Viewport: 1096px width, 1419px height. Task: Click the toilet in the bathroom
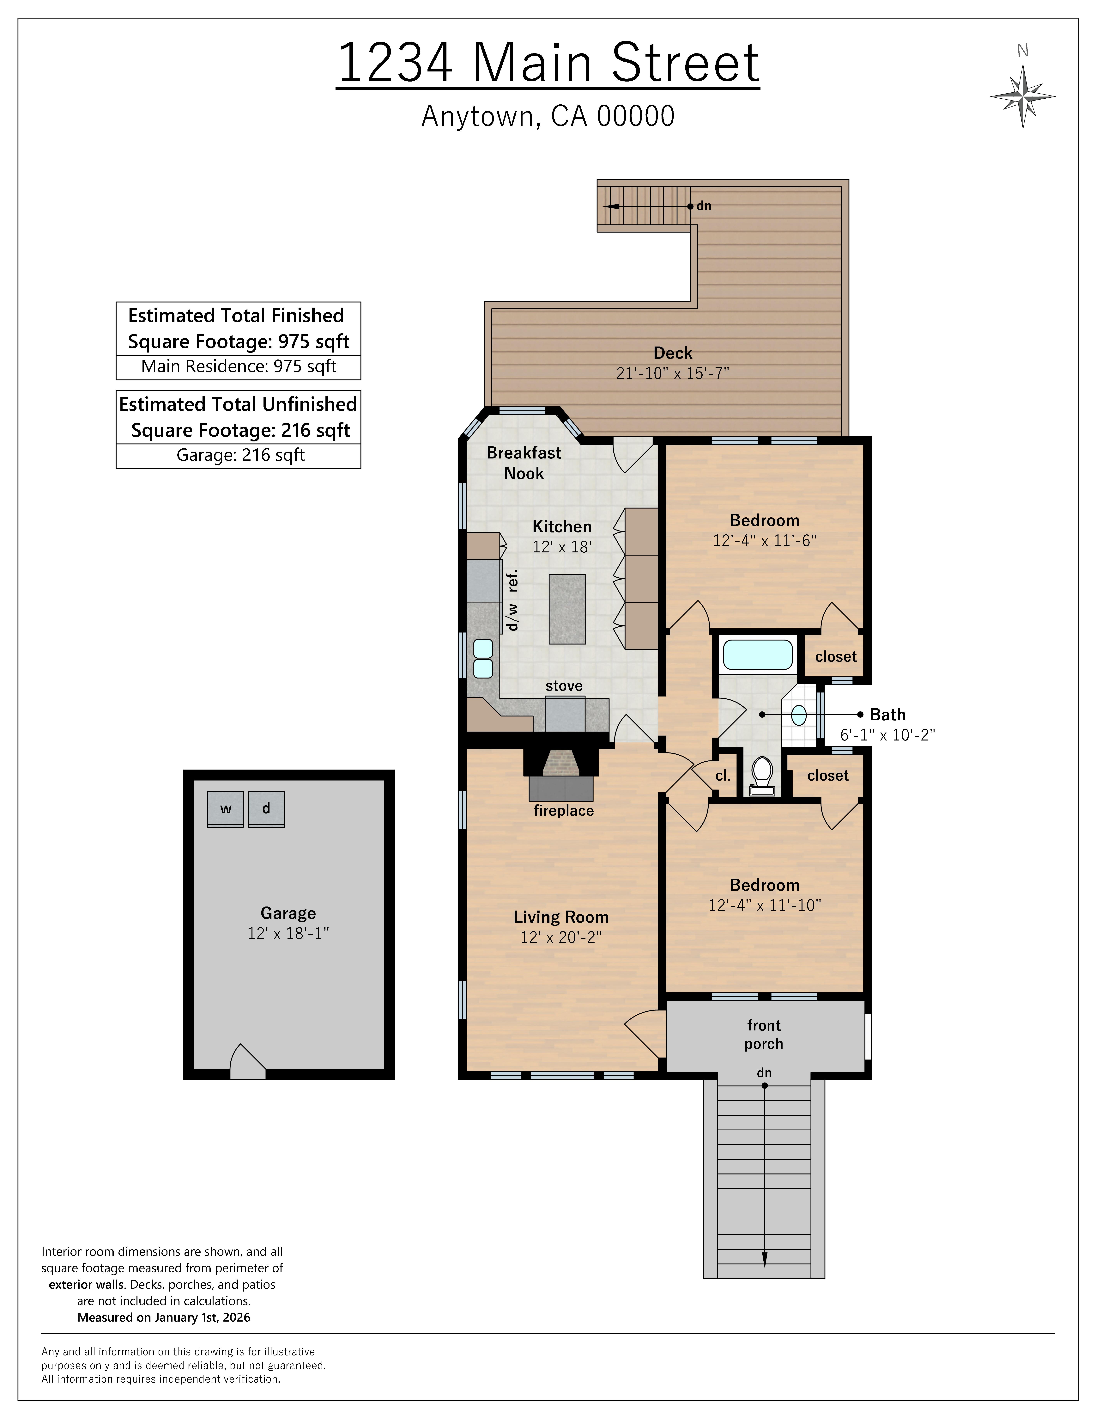tap(762, 774)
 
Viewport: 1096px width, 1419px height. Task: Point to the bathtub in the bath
tap(758, 654)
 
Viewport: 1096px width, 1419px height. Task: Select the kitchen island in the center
tap(567, 609)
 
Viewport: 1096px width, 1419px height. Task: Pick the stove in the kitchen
tap(564, 713)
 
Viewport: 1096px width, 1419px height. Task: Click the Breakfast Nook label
tap(524, 463)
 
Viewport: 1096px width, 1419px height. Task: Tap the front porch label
tap(764, 1034)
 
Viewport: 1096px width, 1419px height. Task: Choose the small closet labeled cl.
tap(723, 776)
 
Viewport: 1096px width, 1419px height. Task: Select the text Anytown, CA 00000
tap(548, 116)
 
